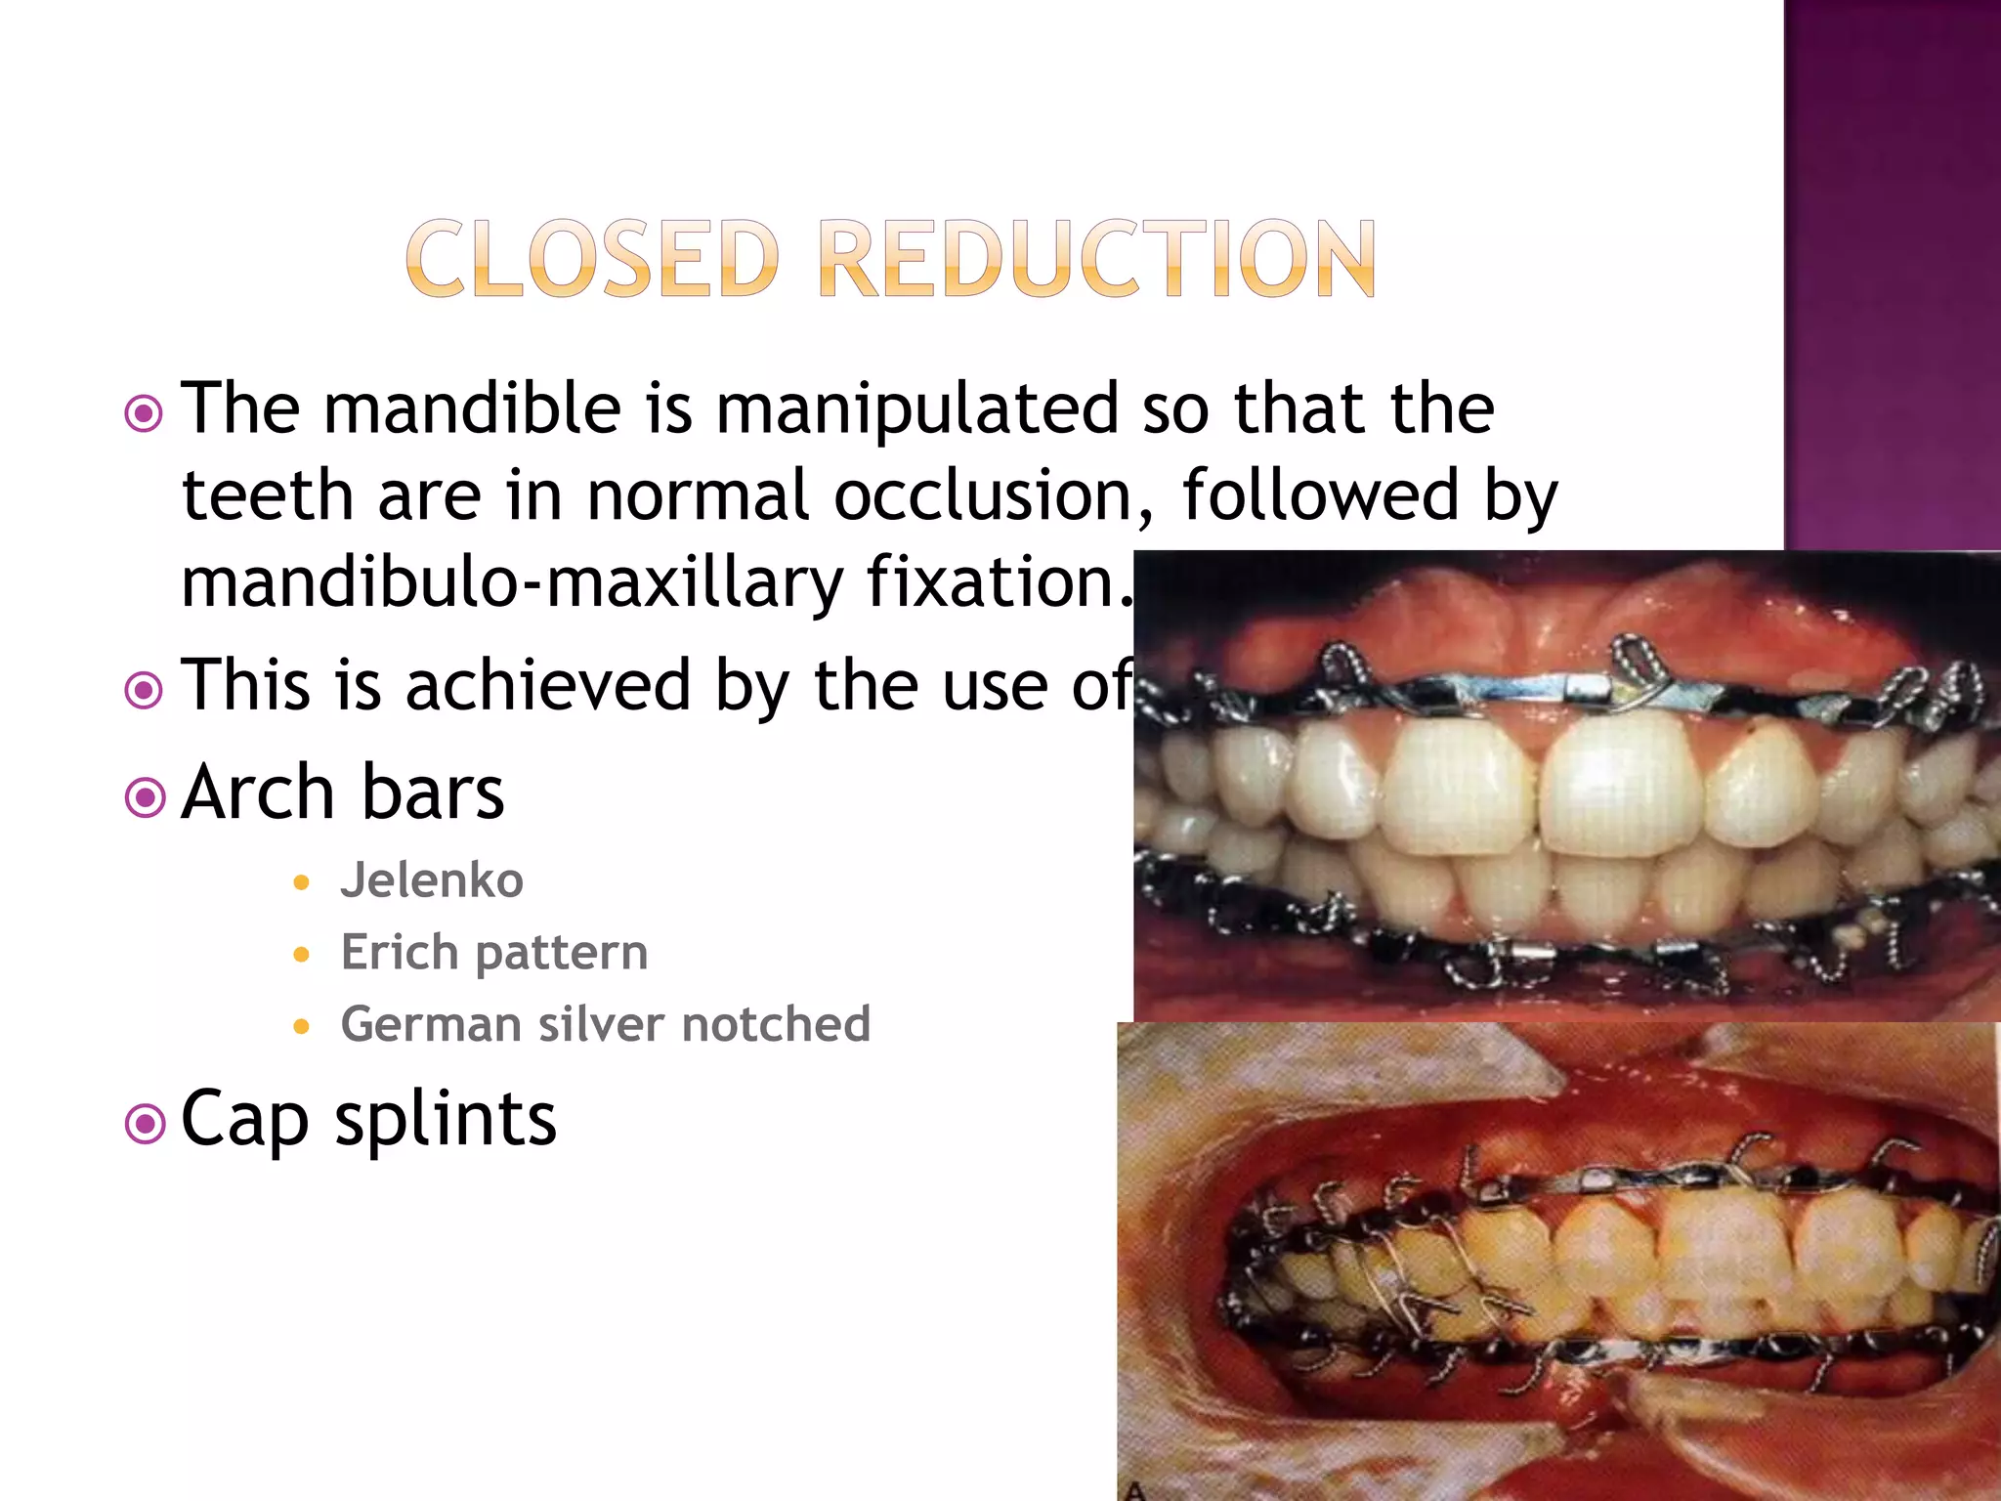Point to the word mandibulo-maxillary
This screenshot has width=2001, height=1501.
tap(512, 583)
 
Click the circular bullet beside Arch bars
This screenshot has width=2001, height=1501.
tap(145, 797)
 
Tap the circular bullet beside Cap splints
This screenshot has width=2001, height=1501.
tap(145, 1124)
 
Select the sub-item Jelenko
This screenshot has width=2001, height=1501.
tap(432, 880)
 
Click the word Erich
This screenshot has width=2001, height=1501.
tap(401, 952)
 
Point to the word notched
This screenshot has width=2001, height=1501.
tap(776, 1024)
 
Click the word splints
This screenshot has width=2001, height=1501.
tap(446, 1120)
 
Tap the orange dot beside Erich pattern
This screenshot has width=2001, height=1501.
tap(302, 955)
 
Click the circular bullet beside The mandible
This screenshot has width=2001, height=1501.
tap(145, 414)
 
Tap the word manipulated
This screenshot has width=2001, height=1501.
tap(916, 410)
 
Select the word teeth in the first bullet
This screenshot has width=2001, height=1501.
tap(267, 495)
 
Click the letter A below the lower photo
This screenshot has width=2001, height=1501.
tap(1134, 1490)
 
